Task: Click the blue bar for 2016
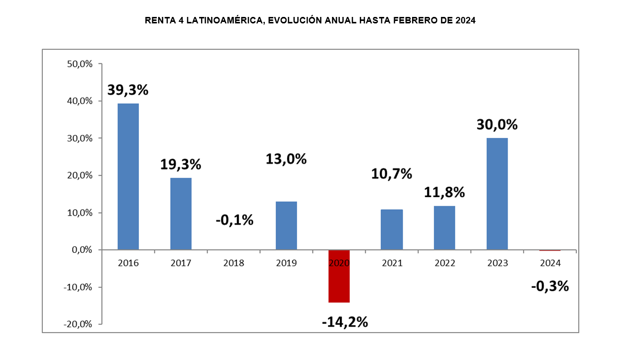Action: click(x=128, y=176)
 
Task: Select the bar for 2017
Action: click(x=181, y=214)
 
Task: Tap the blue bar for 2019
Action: click(x=286, y=225)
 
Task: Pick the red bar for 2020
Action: click(x=339, y=276)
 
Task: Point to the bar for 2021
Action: click(x=392, y=230)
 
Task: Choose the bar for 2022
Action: click(x=444, y=228)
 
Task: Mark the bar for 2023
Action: click(x=497, y=194)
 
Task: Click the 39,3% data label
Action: click(x=128, y=90)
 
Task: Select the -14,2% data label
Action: click(x=345, y=322)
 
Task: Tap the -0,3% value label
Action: click(x=550, y=286)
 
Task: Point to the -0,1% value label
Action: click(x=234, y=219)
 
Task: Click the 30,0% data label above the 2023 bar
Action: click(x=497, y=124)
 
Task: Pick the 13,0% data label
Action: click(x=286, y=159)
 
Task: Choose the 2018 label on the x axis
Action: click(x=233, y=263)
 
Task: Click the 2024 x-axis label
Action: click(x=550, y=263)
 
